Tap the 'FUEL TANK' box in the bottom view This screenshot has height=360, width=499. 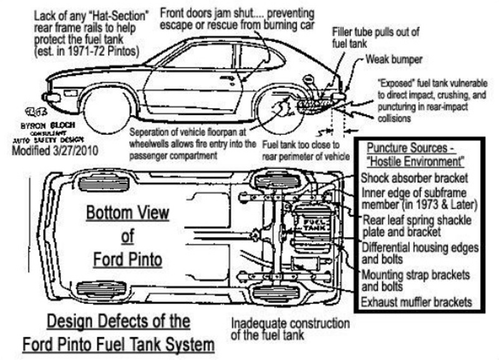pyautogui.click(x=309, y=225)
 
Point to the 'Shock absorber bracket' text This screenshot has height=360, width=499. pyautogui.click(x=417, y=177)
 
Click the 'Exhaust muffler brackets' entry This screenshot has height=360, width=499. pyautogui.click(x=415, y=303)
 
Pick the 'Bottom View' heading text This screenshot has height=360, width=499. pyautogui.click(x=127, y=212)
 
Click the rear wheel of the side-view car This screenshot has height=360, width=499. pyautogui.click(x=278, y=110)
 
